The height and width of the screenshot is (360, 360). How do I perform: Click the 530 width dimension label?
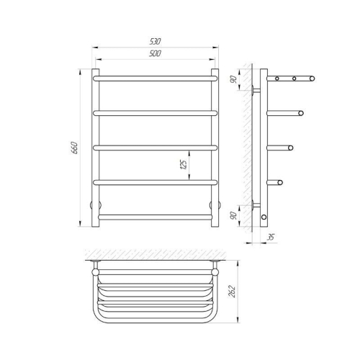155,42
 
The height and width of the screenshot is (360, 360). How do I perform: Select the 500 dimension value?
155,53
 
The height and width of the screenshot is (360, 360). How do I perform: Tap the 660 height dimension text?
75,148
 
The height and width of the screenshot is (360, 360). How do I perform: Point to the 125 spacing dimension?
184,165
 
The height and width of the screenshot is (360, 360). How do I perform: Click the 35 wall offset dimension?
271,238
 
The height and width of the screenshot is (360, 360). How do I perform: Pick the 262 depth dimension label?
232,292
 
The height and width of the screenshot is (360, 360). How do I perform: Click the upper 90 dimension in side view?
233,79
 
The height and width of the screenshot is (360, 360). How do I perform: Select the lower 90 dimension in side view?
233,215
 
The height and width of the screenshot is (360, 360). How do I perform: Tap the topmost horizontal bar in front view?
155,78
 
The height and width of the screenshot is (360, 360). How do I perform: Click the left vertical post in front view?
95,148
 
